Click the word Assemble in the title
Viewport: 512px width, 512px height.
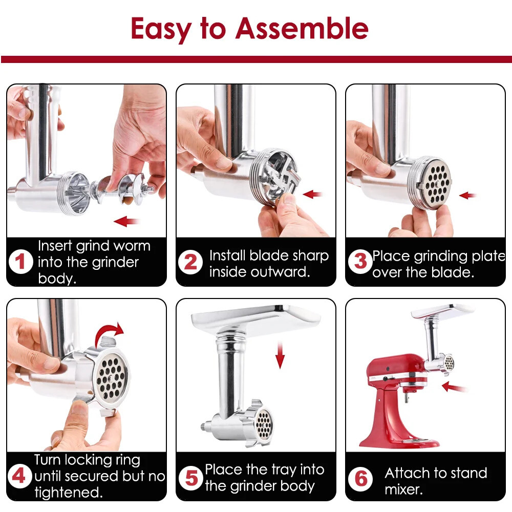pos(302,29)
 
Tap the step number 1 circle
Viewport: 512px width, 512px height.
pos(20,262)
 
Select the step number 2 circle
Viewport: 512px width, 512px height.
pos(190,262)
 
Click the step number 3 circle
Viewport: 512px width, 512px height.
pos(360,262)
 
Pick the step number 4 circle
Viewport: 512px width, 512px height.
pos(19,477)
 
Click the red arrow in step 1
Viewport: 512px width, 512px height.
pos(127,221)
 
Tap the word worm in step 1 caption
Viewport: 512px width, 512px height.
pos(132,246)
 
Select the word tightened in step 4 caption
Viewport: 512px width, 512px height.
pos(68,493)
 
